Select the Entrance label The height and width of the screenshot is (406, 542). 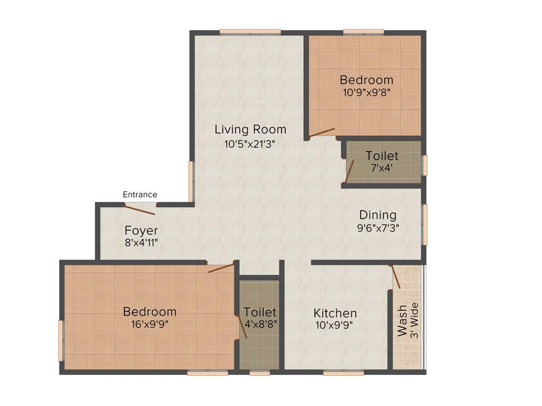click(x=140, y=195)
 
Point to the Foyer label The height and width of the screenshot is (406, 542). click(x=141, y=231)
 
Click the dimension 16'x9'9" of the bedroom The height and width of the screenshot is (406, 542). click(x=149, y=325)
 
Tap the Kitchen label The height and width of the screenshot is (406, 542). click(x=335, y=313)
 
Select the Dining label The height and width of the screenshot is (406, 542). click(x=377, y=215)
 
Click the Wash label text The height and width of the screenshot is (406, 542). click(x=402, y=320)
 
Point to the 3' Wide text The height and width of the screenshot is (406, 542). click(x=414, y=320)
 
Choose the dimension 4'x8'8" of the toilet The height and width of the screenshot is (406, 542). click(x=260, y=325)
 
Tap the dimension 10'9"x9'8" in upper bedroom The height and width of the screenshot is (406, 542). click(x=366, y=91)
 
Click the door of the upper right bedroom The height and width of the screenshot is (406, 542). click(x=322, y=132)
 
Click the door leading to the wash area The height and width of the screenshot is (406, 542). click(x=395, y=276)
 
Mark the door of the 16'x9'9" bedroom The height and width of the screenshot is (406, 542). click(x=221, y=267)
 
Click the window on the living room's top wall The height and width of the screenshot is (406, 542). click(x=250, y=32)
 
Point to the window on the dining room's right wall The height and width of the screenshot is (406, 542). click(x=424, y=225)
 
